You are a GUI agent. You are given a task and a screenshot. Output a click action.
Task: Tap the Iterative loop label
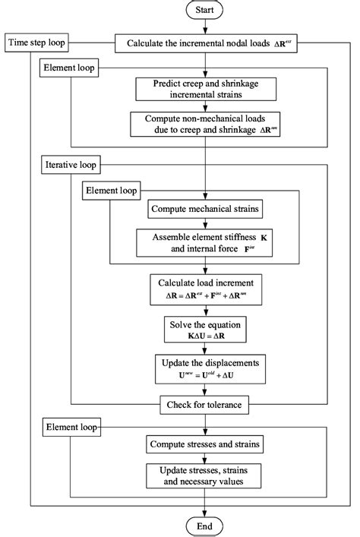[x=70, y=165]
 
